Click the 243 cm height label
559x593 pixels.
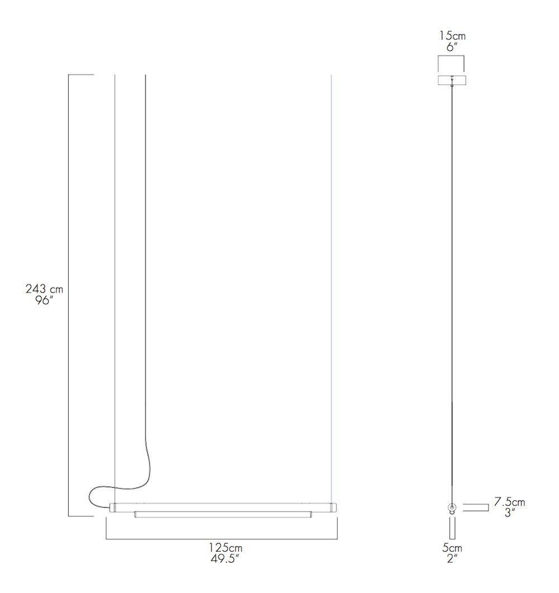click(x=44, y=289)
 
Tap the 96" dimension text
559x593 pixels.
click(x=44, y=302)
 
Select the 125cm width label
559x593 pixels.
click(x=226, y=548)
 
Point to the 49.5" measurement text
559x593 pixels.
click(x=226, y=558)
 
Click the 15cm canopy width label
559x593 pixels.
click(x=452, y=36)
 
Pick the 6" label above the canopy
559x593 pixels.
click(x=452, y=47)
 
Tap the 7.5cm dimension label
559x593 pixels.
click(x=509, y=502)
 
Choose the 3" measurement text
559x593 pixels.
click(x=509, y=513)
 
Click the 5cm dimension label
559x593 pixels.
click(x=452, y=548)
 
